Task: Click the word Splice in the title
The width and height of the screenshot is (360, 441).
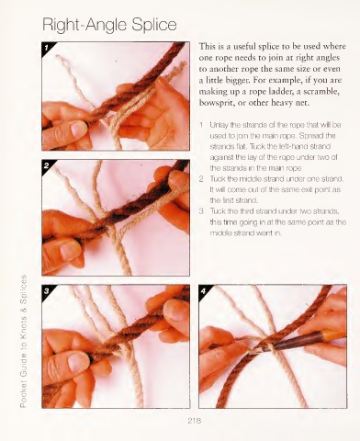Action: pyautogui.click(x=154, y=25)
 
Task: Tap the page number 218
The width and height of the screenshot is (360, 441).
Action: pyautogui.click(x=195, y=421)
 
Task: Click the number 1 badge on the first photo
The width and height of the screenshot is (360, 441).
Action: pyautogui.click(x=47, y=48)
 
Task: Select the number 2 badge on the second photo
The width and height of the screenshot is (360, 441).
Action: pyautogui.click(x=47, y=165)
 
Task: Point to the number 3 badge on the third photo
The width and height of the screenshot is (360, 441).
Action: pyautogui.click(x=47, y=291)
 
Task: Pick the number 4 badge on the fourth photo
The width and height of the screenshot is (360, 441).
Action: pyautogui.click(x=203, y=291)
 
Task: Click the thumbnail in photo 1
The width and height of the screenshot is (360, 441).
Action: pyautogui.click(x=78, y=129)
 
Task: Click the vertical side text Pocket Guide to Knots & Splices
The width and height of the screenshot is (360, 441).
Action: pyautogui.click(x=23, y=341)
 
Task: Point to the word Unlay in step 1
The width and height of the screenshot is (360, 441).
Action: pyautogui.click(x=218, y=125)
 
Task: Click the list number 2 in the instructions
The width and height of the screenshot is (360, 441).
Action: pyautogui.click(x=201, y=179)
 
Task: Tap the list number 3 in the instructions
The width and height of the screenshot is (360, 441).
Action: pyautogui.click(x=201, y=211)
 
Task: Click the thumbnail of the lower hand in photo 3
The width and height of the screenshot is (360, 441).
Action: pyautogui.click(x=76, y=363)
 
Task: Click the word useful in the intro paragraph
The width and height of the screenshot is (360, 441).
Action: pyautogui.click(x=245, y=47)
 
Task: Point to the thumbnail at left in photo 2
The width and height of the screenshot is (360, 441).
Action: pyautogui.click(x=69, y=250)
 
